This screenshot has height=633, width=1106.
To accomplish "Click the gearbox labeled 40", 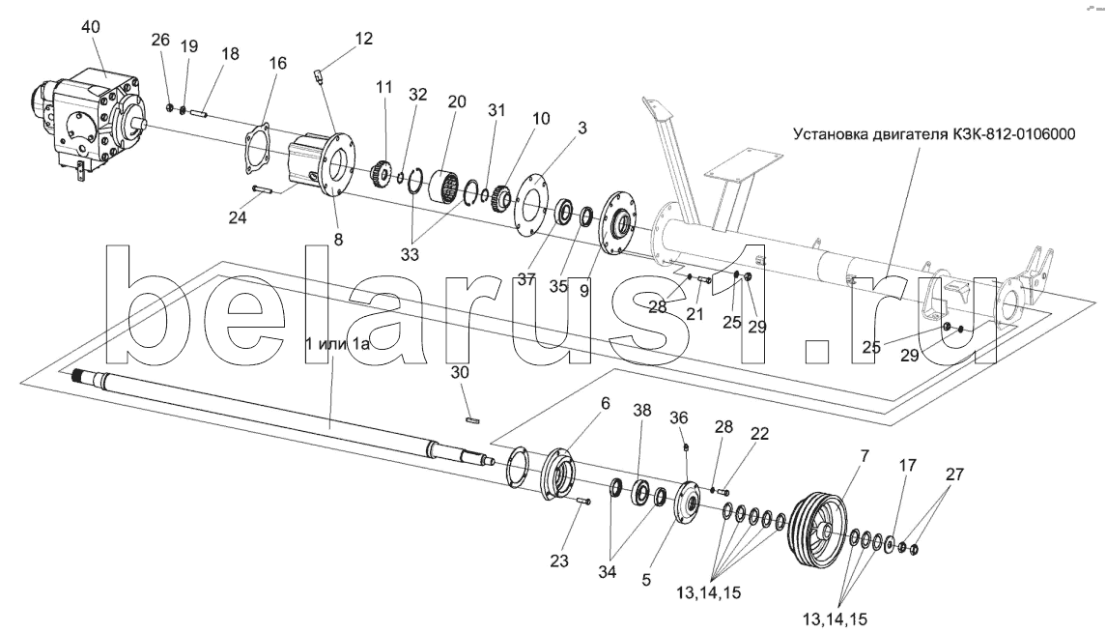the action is tap(88, 120).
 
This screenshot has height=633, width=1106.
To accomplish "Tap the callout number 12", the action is tap(363, 38).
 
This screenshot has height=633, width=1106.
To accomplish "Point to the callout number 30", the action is tap(460, 372).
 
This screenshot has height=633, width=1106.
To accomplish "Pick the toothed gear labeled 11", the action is tap(382, 174).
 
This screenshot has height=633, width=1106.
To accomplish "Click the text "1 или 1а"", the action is tap(337, 344).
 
